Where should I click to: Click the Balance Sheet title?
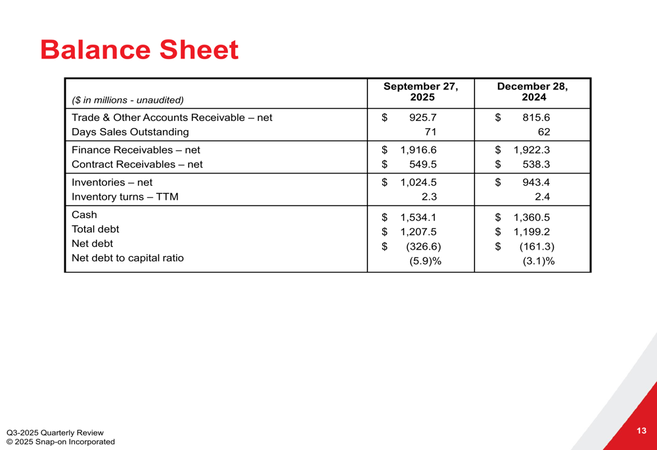click(139, 51)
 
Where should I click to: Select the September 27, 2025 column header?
click(420, 92)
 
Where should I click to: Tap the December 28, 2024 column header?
click(533, 92)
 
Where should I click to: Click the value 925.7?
click(422, 118)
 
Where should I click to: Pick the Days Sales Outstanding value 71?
click(430, 132)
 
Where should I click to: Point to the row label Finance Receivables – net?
click(136, 150)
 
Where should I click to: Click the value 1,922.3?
click(532, 150)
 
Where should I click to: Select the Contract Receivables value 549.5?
click(422, 165)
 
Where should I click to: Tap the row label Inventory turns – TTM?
click(125, 197)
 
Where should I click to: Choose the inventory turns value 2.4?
click(542, 197)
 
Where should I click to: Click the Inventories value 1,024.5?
click(419, 183)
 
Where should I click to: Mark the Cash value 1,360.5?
click(532, 217)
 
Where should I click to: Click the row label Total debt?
click(95, 229)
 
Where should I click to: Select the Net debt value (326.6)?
click(423, 247)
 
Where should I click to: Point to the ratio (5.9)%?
click(425, 261)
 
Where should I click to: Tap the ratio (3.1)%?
click(538, 261)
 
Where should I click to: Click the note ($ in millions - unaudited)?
click(127, 101)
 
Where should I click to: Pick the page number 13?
click(641, 431)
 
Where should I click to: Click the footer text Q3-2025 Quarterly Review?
click(55, 432)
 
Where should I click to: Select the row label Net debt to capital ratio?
click(127, 258)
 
